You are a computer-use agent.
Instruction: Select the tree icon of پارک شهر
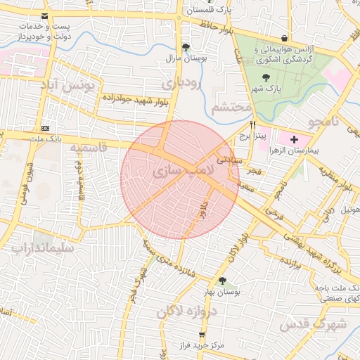[265, 77]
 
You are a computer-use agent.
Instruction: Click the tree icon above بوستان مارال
[185, 47]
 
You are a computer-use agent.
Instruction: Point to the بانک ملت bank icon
[46, 128]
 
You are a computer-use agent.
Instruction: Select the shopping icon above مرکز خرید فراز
[202, 335]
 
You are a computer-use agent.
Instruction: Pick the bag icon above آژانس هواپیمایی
[284, 38]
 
